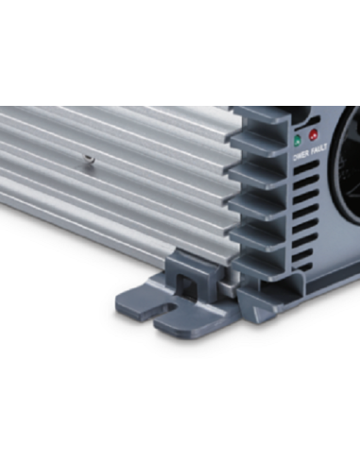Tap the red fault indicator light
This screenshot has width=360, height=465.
click(314, 135)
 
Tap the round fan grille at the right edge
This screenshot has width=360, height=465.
click(346, 180)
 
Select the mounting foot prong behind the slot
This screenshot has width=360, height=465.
click(142, 301)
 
